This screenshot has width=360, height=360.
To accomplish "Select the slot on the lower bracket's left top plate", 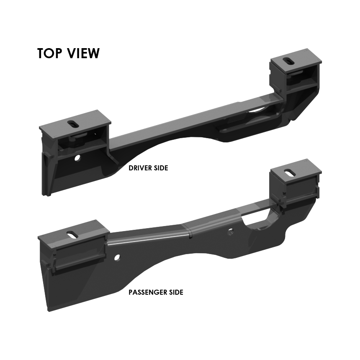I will (x=71, y=235).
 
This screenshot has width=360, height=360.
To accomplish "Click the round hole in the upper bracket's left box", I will (x=77, y=158).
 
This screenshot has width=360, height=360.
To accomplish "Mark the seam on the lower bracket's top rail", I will (x=189, y=231).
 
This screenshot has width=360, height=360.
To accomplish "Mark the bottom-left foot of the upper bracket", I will (x=47, y=194).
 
